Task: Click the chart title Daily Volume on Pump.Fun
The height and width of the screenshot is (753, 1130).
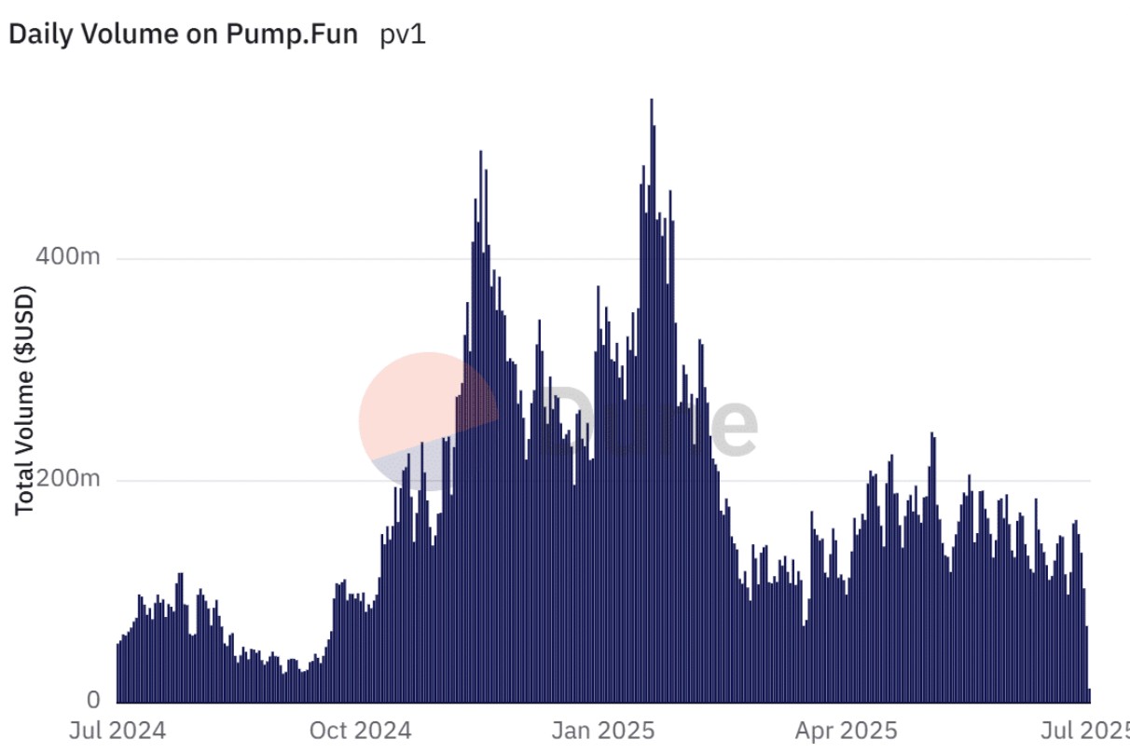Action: (x=183, y=35)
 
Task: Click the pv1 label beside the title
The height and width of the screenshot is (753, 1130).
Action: (x=403, y=35)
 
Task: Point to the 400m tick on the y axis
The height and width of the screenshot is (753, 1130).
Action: (x=68, y=258)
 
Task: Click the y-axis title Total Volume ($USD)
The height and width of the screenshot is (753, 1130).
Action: (x=25, y=402)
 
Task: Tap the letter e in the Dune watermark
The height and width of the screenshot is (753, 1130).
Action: (x=732, y=426)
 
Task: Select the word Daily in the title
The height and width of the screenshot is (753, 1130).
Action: (x=38, y=35)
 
